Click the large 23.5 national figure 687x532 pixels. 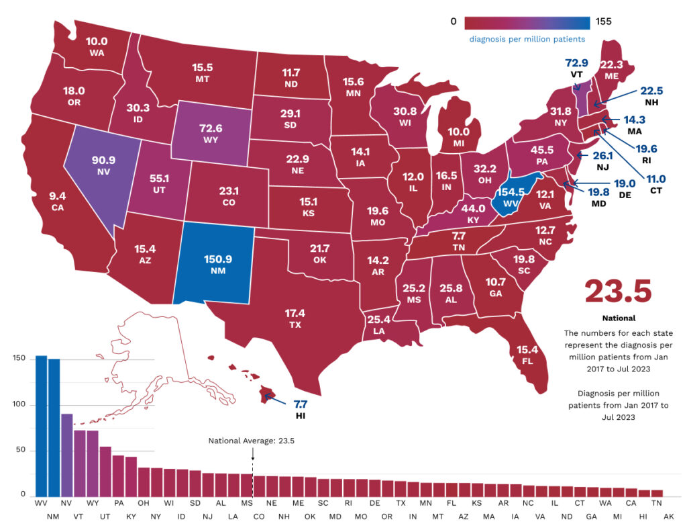618,291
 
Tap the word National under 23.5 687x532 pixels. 618,318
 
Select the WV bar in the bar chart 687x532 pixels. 41,426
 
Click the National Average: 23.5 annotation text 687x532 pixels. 252,441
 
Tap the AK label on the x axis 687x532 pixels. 669,517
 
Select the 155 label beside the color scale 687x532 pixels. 603,21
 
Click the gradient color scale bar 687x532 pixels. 527,22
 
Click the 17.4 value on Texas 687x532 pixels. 295,313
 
